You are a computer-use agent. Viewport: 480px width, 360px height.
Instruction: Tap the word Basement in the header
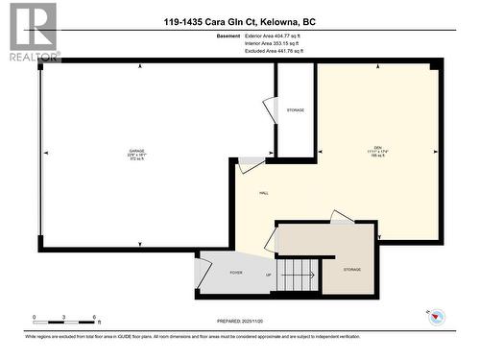coord(229,35)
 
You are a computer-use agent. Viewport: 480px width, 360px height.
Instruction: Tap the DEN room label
coord(378,147)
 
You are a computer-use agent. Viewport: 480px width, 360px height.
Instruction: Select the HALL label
coord(264,193)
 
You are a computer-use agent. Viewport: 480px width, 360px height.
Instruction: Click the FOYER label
coord(235,273)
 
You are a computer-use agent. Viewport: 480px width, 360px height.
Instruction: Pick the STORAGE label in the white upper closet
coord(296,110)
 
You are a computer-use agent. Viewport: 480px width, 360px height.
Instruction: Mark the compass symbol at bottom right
coord(436,317)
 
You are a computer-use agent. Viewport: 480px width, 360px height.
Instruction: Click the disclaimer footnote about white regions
coord(239,337)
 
